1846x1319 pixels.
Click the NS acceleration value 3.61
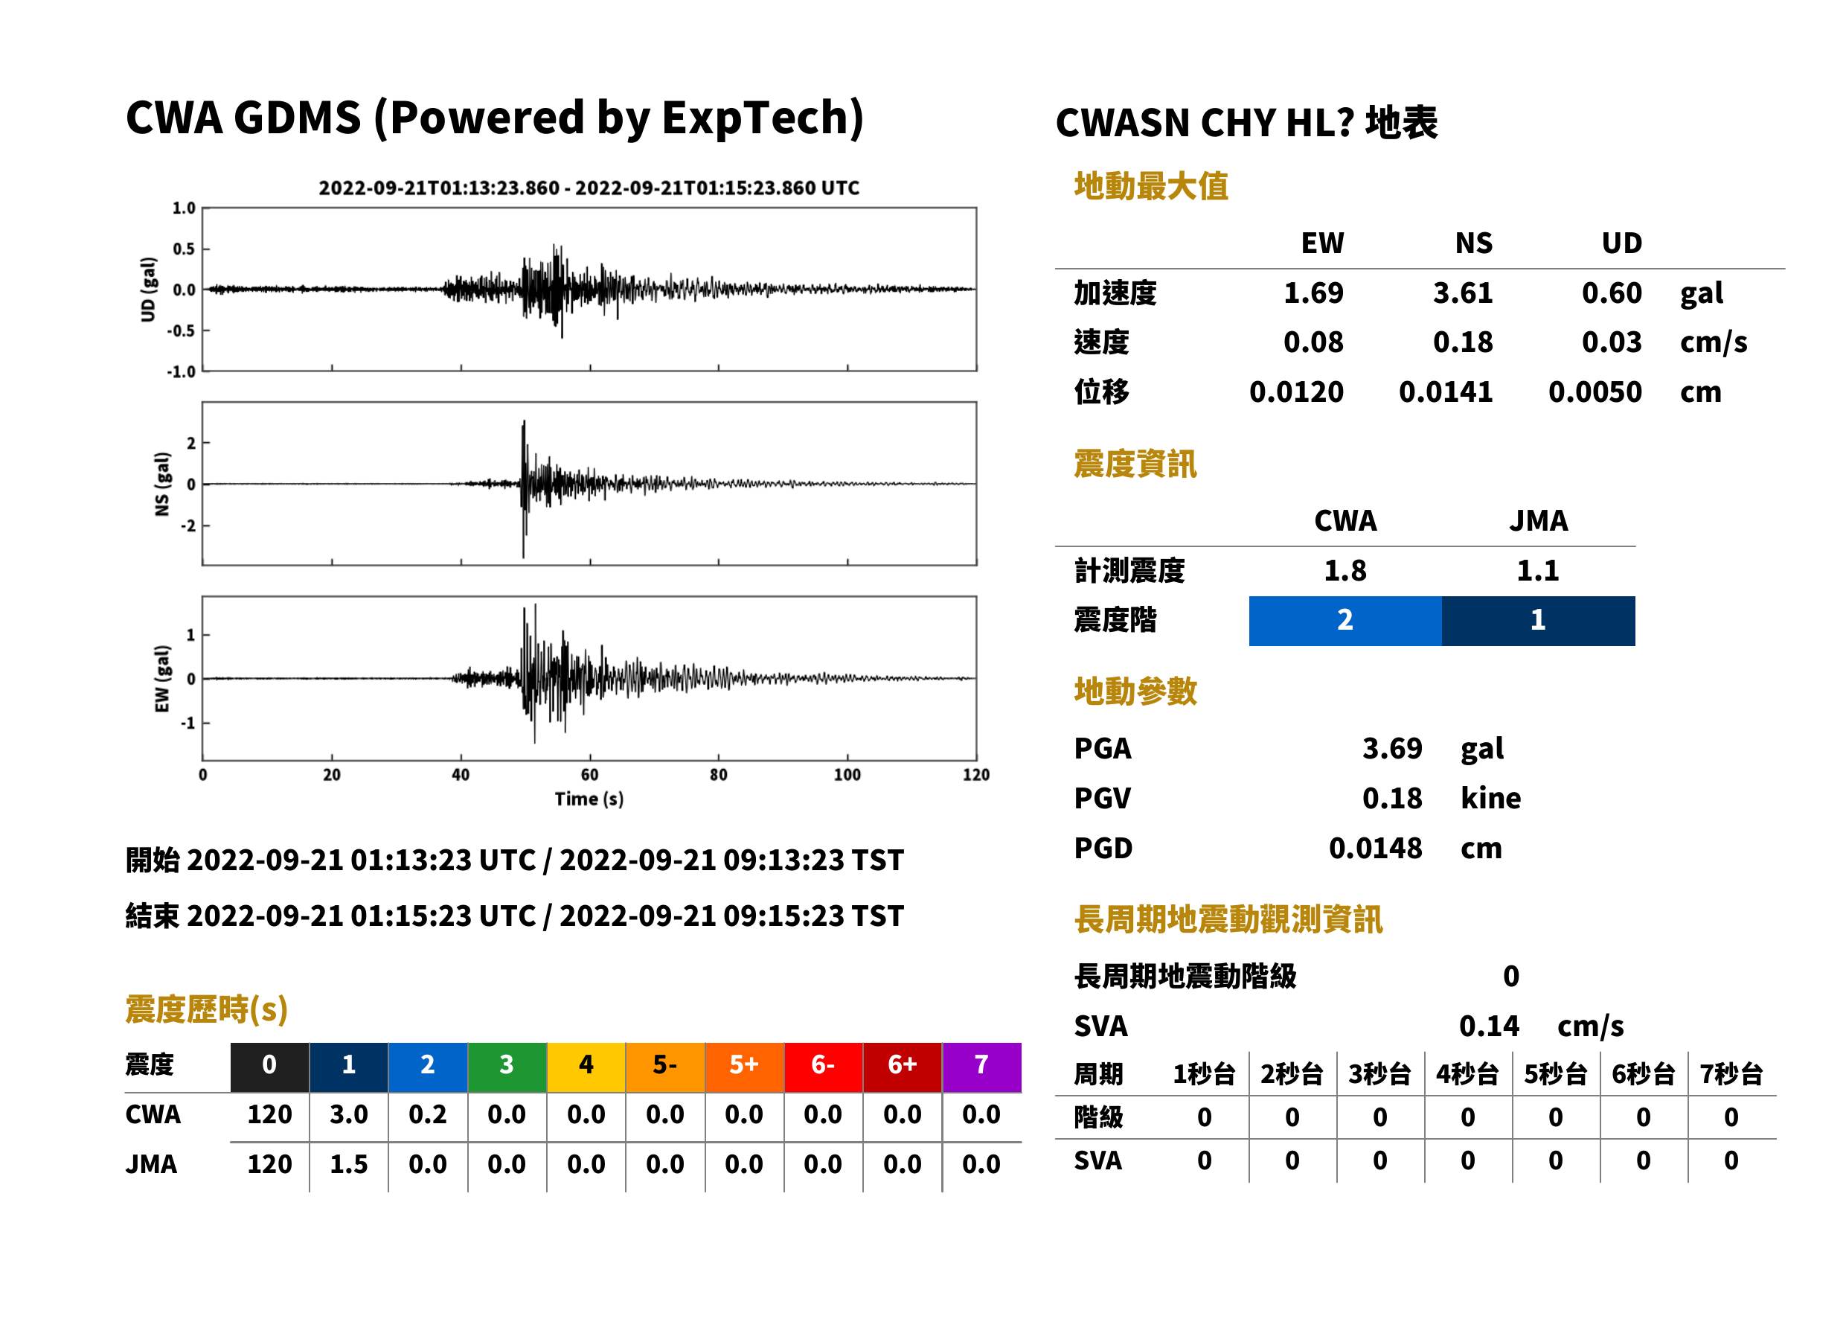pos(1462,293)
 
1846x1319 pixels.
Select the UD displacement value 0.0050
pos(1595,392)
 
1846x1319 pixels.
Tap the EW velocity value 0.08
pos(1313,342)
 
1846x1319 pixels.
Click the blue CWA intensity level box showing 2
pos(1345,621)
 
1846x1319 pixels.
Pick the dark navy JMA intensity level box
pos(1539,621)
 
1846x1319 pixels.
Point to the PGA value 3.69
pos(1391,748)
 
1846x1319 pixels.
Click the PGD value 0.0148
pos(1375,848)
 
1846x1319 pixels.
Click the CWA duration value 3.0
pos(348,1114)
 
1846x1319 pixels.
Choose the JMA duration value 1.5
pos(348,1164)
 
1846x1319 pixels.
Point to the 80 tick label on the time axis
pos(719,774)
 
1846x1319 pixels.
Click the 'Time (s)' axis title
pos(589,799)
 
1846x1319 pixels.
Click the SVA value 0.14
pos(1489,1026)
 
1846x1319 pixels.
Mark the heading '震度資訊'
pos(1135,464)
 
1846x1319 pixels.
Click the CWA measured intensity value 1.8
pos(1345,570)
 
